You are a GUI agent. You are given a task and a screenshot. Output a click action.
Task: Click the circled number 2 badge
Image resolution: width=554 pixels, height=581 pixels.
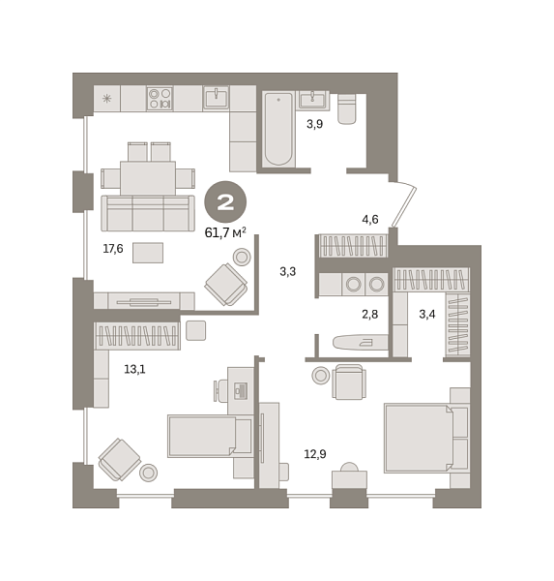tap(225, 202)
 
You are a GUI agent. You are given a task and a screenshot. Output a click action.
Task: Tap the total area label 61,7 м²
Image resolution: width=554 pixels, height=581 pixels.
tap(225, 232)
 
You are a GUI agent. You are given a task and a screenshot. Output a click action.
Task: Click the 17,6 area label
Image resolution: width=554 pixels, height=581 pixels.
tap(113, 249)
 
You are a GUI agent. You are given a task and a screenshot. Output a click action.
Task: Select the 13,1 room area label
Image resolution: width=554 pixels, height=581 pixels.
tap(134, 369)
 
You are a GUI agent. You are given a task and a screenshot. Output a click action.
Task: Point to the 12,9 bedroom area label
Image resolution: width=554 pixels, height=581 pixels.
tap(315, 454)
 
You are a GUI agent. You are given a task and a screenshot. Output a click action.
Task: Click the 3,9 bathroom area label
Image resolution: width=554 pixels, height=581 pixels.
tap(314, 124)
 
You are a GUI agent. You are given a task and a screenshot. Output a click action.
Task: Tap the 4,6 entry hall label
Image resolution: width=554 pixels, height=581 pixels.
tap(370, 220)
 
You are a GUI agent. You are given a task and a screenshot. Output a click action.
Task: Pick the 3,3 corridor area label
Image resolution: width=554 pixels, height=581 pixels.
tap(287, 271)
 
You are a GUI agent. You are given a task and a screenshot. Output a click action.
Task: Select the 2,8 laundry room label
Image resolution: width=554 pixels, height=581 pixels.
tap(369, 314)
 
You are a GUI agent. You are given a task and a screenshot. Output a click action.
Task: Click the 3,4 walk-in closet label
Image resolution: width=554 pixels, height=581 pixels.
tap(427, 314)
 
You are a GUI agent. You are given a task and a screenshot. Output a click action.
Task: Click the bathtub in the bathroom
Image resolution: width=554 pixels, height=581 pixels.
tap(278, 129)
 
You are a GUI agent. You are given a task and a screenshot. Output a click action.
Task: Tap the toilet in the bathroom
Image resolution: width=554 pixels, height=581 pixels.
tap(347, 108)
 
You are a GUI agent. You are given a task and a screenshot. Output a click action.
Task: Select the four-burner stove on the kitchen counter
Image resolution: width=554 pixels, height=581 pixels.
tap(160, 98)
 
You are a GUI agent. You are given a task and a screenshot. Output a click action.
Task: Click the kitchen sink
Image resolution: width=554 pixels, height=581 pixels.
tap(216, 98)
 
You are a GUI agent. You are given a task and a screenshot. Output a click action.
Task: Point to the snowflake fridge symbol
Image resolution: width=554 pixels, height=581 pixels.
tap(106, 99)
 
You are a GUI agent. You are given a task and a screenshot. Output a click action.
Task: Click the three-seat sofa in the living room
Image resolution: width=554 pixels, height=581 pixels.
tap(148, 213)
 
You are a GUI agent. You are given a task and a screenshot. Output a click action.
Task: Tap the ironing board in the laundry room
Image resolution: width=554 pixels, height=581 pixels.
tap(360, 343)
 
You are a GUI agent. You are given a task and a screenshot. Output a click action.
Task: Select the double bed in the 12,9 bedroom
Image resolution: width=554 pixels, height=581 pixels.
tap(419, 439)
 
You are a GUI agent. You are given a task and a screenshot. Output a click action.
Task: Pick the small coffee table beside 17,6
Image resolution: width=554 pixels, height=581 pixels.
tap(148, 253)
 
